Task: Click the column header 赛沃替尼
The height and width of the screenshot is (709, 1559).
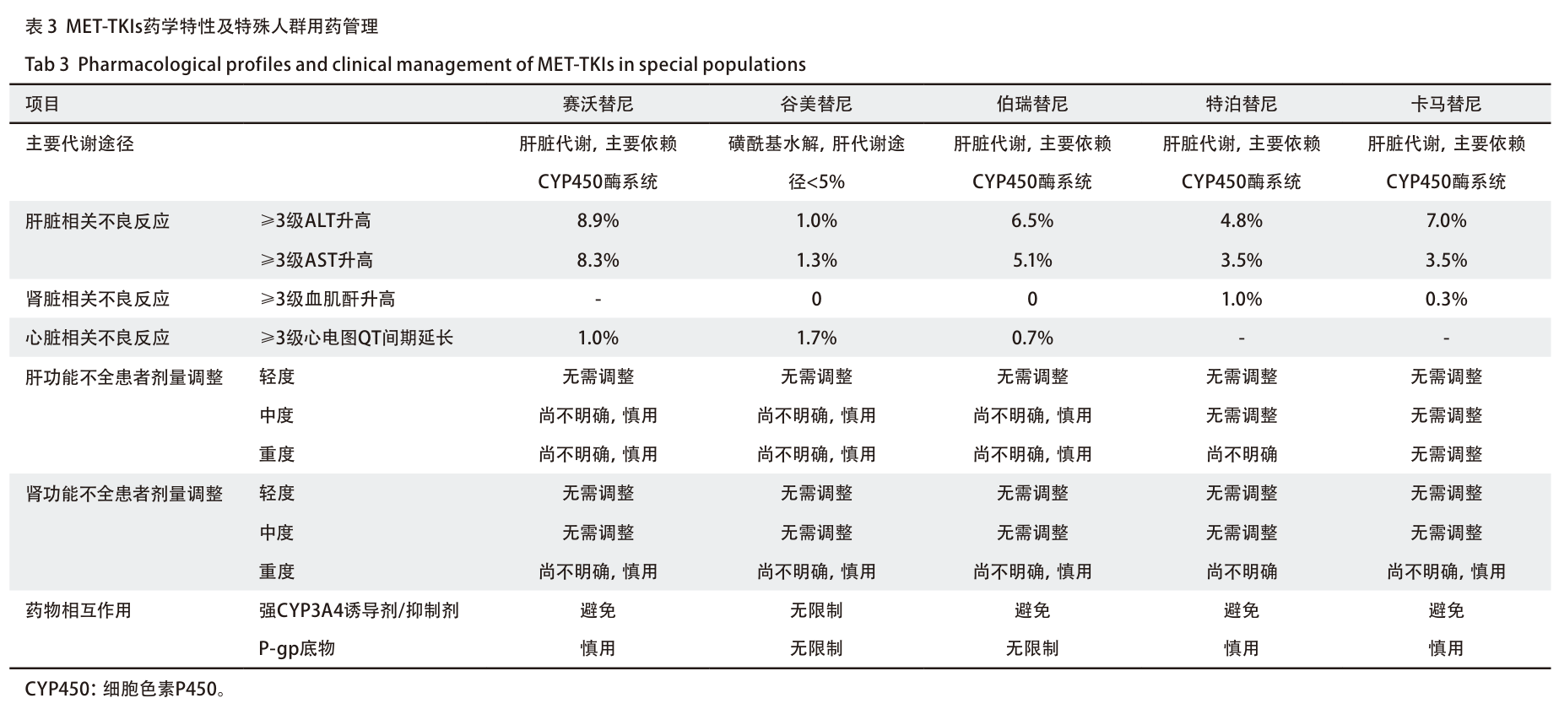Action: [598, 104]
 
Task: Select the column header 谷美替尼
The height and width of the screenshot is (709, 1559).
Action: [816, 104]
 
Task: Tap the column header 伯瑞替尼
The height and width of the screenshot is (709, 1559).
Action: [1032, 104]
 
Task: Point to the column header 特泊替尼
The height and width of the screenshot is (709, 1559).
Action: [1241, 104]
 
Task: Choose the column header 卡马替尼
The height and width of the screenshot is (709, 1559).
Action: [1446, 104]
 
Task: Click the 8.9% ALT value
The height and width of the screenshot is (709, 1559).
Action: [598, 221]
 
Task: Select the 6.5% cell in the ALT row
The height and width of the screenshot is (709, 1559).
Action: [1032, 221]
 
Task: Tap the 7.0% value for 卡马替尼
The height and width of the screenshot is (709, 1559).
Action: [1446, 221]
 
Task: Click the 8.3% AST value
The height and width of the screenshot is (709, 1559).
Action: [598, 261]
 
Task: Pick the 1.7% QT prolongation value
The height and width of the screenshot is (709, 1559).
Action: [816, 338]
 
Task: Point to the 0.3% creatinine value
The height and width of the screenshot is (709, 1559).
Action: [1446, 300]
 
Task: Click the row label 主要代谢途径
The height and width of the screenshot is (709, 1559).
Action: [79, 143]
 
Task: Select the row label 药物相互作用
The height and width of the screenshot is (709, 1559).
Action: [78, 610]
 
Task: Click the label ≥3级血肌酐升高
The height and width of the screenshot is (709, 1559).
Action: [327, 300]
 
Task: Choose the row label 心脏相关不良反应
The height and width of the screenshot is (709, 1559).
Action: [98, 338]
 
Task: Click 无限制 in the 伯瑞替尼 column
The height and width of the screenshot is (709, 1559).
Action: [1032, 649]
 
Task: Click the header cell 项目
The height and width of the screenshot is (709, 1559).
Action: [43, 104]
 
